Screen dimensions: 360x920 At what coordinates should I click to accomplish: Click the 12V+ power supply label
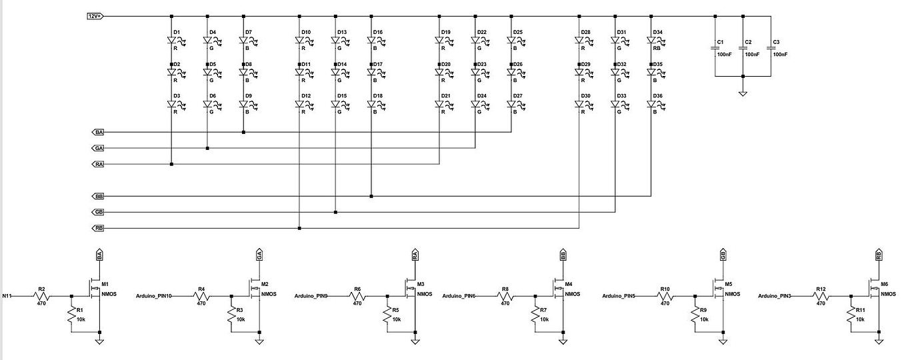(x=95, y=15)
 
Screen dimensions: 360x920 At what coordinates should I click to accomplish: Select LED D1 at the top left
(x=172, y=41)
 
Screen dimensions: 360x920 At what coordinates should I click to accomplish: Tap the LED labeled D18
(x=371, y=105)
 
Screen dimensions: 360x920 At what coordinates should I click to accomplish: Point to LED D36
(x=651, y=105)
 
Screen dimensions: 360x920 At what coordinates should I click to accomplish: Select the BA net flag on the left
(x=99, y=132)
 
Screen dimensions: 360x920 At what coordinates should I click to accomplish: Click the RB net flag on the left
(x=99, y=229)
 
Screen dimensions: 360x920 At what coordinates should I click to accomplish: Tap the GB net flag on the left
(x=99, y=213)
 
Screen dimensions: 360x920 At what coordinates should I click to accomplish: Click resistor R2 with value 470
(x=41, y=295)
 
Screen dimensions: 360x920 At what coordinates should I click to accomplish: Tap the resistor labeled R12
(x=821, y=295)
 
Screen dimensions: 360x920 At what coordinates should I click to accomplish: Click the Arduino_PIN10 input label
(x=154, y=295)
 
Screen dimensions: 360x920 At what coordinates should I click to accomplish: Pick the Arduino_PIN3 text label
(x=777, y=295)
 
